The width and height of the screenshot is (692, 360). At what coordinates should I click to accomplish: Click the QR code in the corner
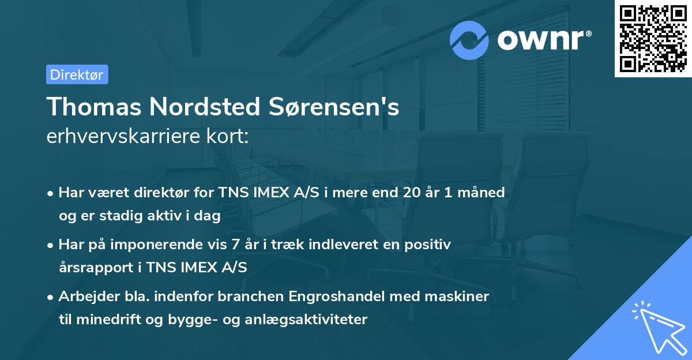pyautogui.click(x=653, y=38)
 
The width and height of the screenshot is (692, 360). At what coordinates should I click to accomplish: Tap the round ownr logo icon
pyautogui.click(x=470, y=40)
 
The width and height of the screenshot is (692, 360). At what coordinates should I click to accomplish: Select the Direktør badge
pyautogui.click(x=77, y=74)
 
